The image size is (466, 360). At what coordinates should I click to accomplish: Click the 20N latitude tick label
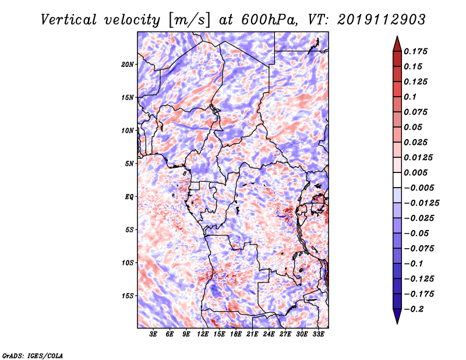(128, 64)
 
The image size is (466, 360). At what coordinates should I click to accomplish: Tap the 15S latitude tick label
(128, 296)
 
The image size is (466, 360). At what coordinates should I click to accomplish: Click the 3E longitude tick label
(154, 334)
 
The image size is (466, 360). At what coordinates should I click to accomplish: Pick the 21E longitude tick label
(252, 334)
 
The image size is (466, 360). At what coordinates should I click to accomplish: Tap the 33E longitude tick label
(318, 334)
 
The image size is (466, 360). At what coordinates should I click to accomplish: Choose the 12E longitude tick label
(203, 334)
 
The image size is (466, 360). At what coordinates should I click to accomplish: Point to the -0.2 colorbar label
(415, 309)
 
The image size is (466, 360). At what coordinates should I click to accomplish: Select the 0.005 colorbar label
(417, 172)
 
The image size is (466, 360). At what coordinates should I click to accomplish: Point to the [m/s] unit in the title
(188, 19)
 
